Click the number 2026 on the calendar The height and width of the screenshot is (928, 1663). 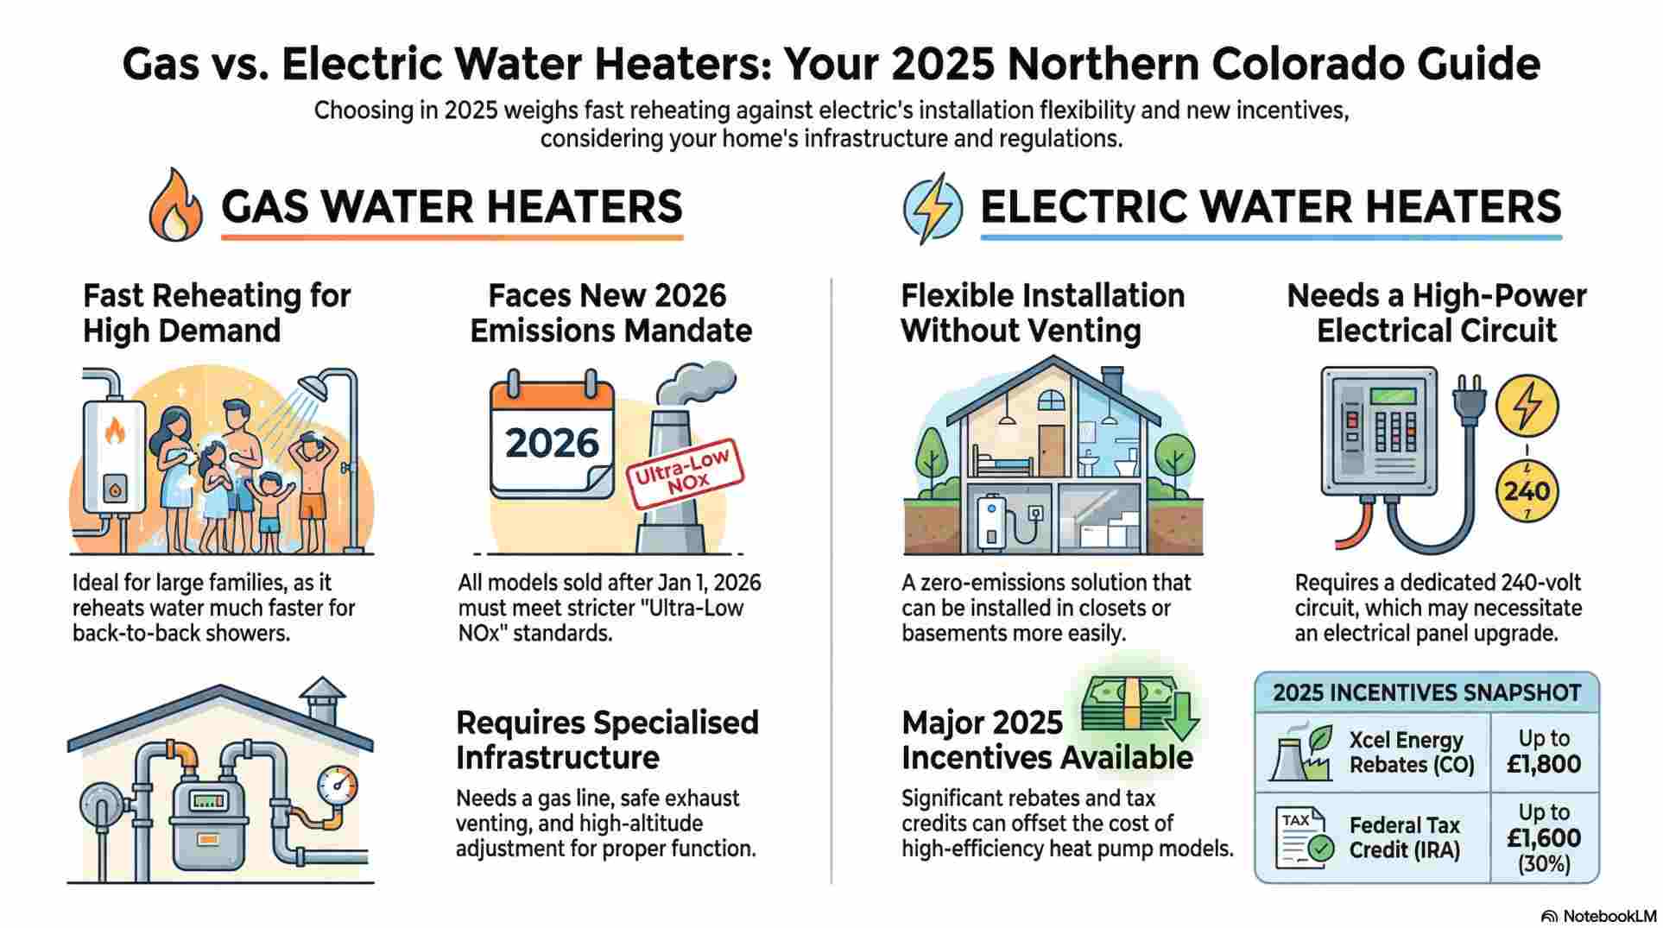coord(552,443)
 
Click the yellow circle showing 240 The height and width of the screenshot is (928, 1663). coord(1527,491)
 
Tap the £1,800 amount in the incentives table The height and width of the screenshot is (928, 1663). coord(1544,763)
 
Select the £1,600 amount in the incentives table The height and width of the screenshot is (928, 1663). coord(1544,837)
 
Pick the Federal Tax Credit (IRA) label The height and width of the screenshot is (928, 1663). coord(1404,837)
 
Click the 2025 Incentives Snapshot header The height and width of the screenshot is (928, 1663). coord(1426,692)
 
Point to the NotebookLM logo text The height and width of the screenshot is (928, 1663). coord(1604,915)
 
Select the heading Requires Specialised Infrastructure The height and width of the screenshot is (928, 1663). coord(607,740)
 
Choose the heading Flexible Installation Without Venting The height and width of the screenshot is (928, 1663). coord(1042,312)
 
